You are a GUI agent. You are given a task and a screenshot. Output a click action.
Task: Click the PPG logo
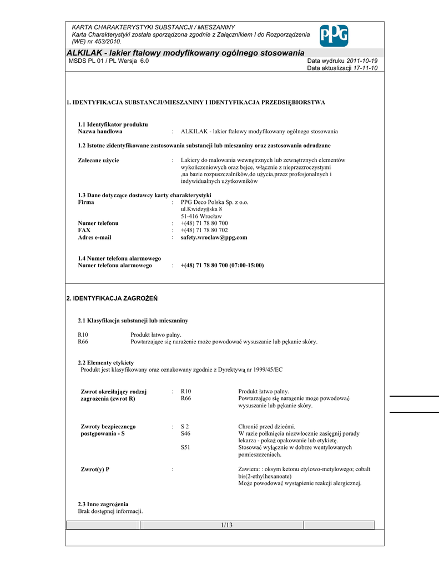click(x=334, y=36)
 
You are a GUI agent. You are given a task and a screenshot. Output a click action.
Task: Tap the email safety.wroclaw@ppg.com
click(x=214, y=237)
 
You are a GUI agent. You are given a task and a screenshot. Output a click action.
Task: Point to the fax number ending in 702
click(x=204, y=230)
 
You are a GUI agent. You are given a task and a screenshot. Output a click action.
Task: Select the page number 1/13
click(x=226, y=525)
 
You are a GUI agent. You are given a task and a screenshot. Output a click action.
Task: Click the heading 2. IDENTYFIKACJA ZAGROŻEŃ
click(x=112, y=299)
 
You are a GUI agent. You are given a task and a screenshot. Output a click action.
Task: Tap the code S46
click(x=185, y=433)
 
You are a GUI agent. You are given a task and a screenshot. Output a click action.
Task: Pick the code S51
click(x=185, y=447)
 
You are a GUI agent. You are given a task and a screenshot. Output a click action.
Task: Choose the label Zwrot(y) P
click(x=95, y=470)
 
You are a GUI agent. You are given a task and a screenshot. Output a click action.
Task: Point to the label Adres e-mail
click(x=94, y=237)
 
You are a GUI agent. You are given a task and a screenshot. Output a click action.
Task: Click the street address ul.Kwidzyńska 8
click(x=201, y=209)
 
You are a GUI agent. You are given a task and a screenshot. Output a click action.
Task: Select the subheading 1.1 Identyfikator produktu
click(x=113, y=124)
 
